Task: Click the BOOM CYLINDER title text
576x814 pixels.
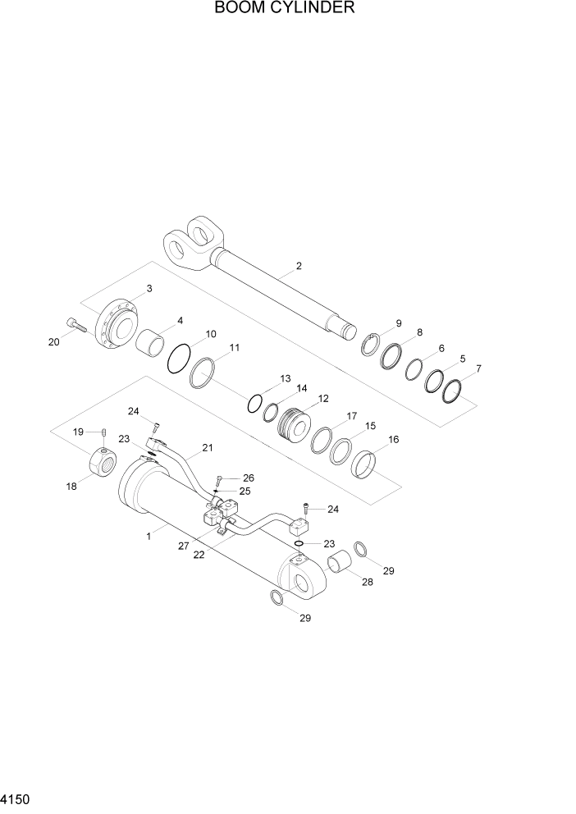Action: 284,9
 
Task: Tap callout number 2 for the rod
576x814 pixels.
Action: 299,266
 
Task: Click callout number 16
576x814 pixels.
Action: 393,440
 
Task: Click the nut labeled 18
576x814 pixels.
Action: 104,467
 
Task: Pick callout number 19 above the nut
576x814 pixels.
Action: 79,432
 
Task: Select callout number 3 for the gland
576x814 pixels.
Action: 149,288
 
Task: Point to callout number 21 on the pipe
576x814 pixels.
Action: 207,448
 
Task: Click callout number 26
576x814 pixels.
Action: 249,478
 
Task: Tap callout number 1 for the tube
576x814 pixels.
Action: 149,536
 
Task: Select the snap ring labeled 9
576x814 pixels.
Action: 373,343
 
